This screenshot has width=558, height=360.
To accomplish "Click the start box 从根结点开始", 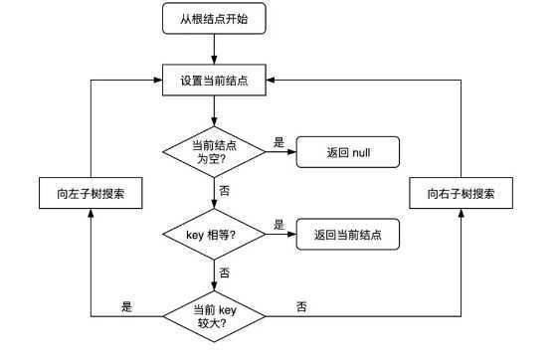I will point(214,19).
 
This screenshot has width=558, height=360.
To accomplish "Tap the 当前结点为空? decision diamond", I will point(214,152).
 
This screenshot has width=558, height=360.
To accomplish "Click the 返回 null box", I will point(347,152).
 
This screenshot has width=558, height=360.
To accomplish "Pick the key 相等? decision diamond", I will point(214,236).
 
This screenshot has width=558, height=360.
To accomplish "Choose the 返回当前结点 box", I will point(347,236).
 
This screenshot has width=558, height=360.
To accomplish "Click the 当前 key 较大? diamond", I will point(214,316).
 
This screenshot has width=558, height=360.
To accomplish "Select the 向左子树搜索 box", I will point(91,193).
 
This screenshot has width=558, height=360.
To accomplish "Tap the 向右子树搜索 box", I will point(463,193).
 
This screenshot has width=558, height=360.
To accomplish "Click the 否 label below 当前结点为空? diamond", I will point(225,189).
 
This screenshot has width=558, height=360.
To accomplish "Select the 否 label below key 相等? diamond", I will point(225,271).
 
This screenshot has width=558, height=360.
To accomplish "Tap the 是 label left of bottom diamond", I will point(126,306).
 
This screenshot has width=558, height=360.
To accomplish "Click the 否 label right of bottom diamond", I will point(301,306).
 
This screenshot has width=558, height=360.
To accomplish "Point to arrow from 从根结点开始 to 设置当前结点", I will point(214,50).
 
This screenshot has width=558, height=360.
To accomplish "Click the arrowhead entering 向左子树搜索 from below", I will point(91,214).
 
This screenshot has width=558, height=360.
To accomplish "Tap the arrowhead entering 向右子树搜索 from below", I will point(463,214).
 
